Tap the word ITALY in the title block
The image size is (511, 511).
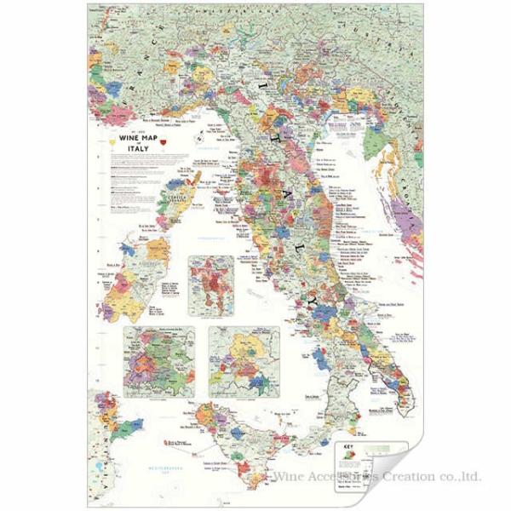coord(138,151)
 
